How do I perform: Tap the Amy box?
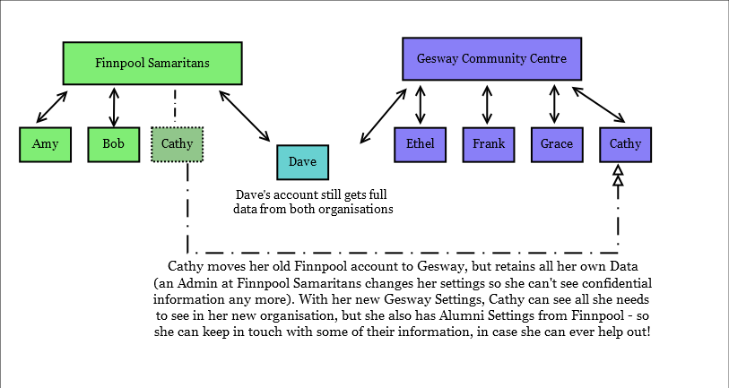click(45, 144)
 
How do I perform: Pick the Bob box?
click(113, 144)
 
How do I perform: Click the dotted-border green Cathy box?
click(178, 144)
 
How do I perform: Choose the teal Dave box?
click(302, 162)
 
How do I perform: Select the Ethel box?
click(419, 144)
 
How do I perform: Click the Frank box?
click(488, 144)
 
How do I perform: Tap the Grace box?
click(556, 144)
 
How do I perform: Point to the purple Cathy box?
click(625, 144)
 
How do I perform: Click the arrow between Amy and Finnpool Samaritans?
click(51, 107)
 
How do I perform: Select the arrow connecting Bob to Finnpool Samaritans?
click(113, 106)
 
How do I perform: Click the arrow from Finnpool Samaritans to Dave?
click(245, 115)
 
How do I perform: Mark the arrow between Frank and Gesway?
click(487, 104)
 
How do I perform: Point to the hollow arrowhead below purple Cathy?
click(617, 177)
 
